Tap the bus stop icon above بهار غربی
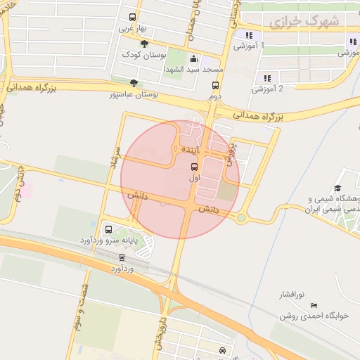click(133, 18)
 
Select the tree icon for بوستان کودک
click(145, 44)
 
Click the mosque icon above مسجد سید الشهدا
click(194, 60)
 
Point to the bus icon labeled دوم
click(215, 85)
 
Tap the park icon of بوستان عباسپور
click(134, 83)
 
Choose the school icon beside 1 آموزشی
click(248, 35)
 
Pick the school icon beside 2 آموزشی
click(266, 78)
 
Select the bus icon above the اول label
click(194, 167)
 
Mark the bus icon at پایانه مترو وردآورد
click(108, 229)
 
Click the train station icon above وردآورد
click(122, 257)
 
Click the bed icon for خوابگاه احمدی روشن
click(314, 305)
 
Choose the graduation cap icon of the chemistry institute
click(338, 188)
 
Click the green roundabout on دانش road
click(241, 218)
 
